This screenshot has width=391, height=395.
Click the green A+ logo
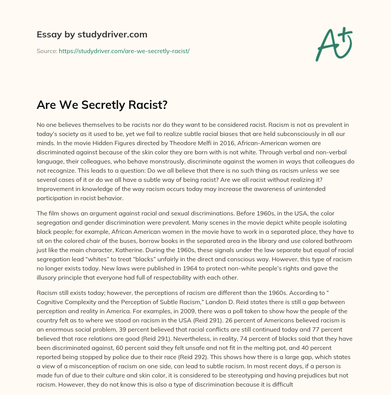[x=333, y=44]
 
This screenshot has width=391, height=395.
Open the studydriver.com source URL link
[x=124, y=51]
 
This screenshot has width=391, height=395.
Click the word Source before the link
[x=46, y=51]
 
